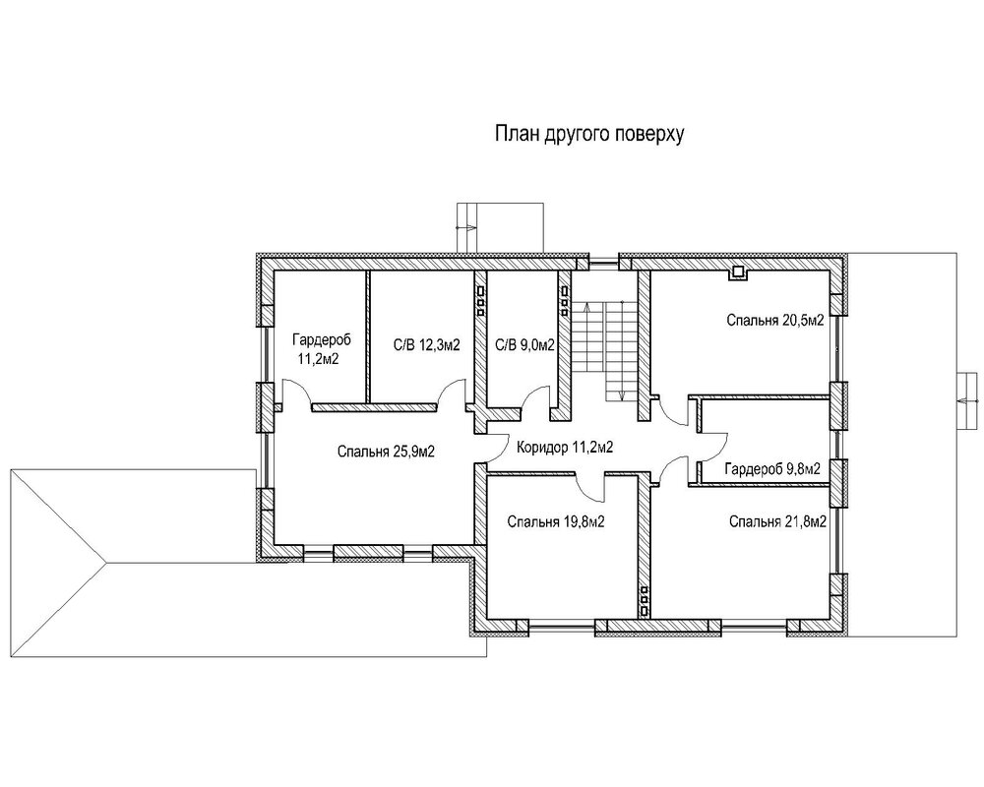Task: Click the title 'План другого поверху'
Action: point(589,135)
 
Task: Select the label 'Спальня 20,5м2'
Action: point(775,320)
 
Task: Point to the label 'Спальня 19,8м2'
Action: point(556,522)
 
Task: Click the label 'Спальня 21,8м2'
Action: point(777,522)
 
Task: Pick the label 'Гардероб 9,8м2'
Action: point(772,469)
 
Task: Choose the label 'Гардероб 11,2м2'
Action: point(321,349)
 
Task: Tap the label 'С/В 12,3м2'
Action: point(427,345)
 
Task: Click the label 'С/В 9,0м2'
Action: point(524,345)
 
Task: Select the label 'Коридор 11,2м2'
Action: point(564,448)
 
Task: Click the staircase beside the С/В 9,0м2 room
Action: point(606,350)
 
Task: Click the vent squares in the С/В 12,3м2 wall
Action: point(480,300)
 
